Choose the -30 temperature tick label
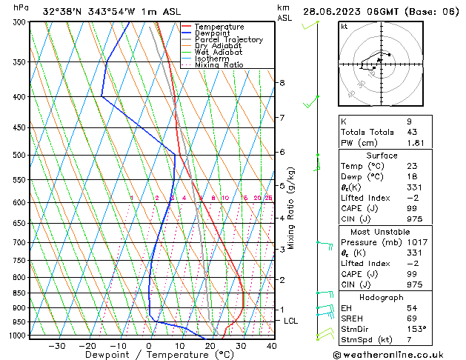click(57, 346)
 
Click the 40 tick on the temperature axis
click(272, 346)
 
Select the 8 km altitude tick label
click(282, 83)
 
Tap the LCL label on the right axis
click(290, 321)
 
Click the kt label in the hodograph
click(344, 27)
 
